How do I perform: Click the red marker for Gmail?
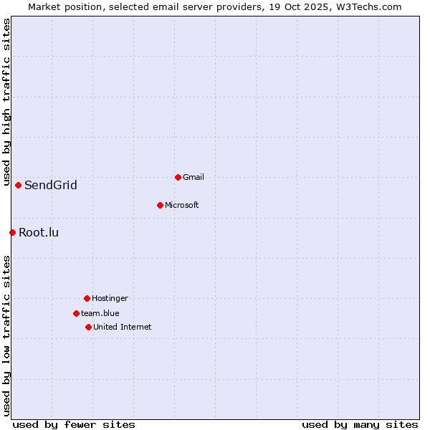(178, 177)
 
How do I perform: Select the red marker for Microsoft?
(160, 205)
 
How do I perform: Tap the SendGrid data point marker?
(18, 185)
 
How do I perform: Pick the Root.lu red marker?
(12, 232)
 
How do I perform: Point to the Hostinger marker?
(87, 298)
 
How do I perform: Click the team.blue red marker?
(76, 313)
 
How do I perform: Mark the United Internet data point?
(88, 327)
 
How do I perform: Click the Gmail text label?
(193, 177)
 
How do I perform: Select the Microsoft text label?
(182, 205)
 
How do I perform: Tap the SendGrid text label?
(51, 186)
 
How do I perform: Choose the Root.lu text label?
(39, 232)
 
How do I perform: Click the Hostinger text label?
(110, 298)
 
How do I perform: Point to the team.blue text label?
(100, 313)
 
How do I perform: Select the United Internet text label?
(123, 327)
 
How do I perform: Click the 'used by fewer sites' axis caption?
(74, 424)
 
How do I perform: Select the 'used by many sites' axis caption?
(360, 424)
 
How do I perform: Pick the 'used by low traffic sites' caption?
(6, 335)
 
